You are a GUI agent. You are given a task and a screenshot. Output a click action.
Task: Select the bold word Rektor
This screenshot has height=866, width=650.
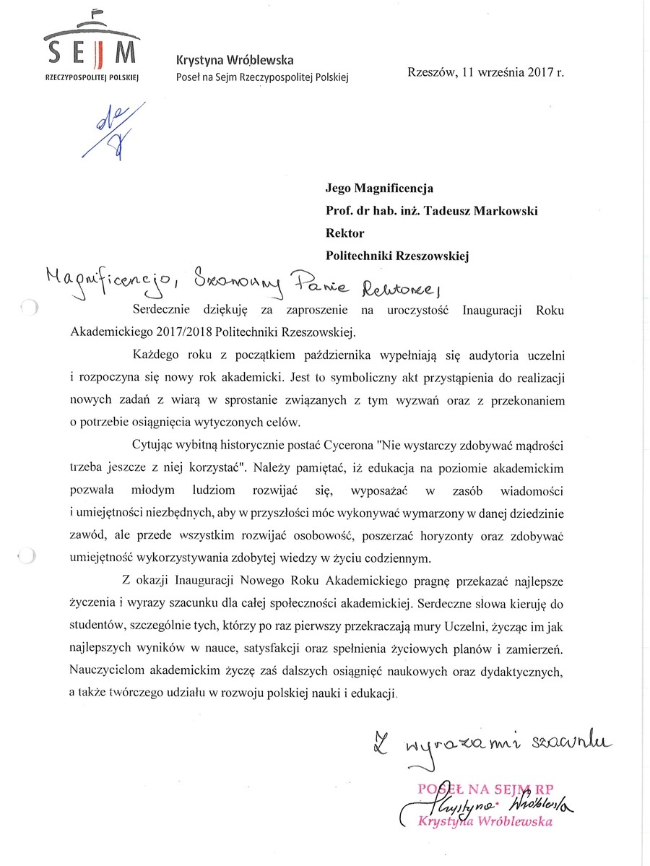click(346, 233)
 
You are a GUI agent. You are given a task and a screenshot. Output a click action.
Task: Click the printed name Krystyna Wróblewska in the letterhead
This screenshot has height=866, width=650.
click(235, 61)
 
